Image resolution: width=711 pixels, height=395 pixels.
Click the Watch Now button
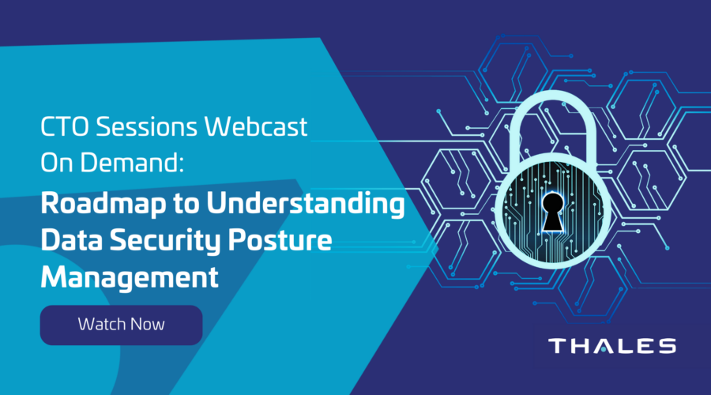click(121, 325)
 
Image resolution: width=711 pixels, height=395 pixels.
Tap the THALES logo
click(612, 346)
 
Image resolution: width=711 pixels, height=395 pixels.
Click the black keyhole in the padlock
click(553, 211)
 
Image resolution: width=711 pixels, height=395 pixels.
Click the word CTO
click(66, 126)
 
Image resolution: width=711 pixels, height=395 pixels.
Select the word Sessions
click(146, 126)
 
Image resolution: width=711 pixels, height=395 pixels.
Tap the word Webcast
click(256, 126)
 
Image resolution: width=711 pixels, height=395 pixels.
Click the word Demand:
click(133, 162)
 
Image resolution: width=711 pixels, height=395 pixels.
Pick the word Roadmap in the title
click(103, 204)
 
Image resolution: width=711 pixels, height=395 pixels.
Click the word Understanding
click(306, 204)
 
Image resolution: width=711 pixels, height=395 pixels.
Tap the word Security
click(165, 240)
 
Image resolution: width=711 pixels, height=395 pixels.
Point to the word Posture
click(280, 239)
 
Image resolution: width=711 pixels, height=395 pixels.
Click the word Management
click(130, 276)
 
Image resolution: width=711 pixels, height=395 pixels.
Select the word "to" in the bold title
click(186, 205)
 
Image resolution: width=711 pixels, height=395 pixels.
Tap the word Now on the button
click(147, 324)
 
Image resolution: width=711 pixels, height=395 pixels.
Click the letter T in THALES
click(557, 346)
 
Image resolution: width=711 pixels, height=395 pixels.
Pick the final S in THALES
click(668, 346)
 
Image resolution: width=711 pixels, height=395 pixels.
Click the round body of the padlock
click(553, 211)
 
